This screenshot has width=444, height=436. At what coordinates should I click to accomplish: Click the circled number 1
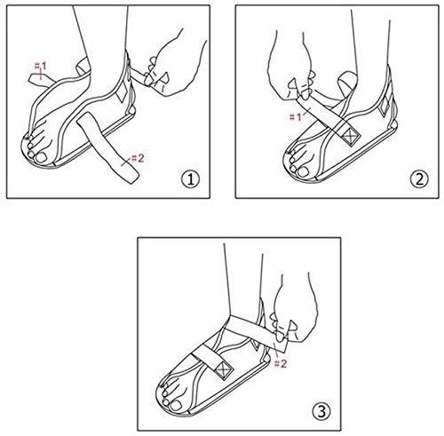191,179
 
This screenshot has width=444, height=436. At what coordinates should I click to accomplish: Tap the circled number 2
419,179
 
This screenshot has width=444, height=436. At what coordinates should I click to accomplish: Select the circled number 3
321,411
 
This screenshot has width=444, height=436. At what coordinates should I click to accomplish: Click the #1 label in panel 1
41,67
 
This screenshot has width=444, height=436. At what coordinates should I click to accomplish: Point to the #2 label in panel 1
138,158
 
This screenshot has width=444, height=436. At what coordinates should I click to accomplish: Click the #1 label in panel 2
295,117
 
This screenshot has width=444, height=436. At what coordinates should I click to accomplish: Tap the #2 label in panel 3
281,363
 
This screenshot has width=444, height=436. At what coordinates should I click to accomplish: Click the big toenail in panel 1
41,157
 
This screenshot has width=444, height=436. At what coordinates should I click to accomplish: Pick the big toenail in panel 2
303,172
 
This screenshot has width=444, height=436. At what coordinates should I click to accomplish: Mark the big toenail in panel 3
177,405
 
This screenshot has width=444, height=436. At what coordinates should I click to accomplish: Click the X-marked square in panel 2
351,137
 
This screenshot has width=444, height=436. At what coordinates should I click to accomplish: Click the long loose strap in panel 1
109,146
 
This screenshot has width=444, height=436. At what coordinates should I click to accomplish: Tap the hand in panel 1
175,62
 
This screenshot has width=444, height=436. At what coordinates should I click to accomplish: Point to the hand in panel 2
291,65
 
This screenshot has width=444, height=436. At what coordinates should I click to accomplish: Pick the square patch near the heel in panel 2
384,106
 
